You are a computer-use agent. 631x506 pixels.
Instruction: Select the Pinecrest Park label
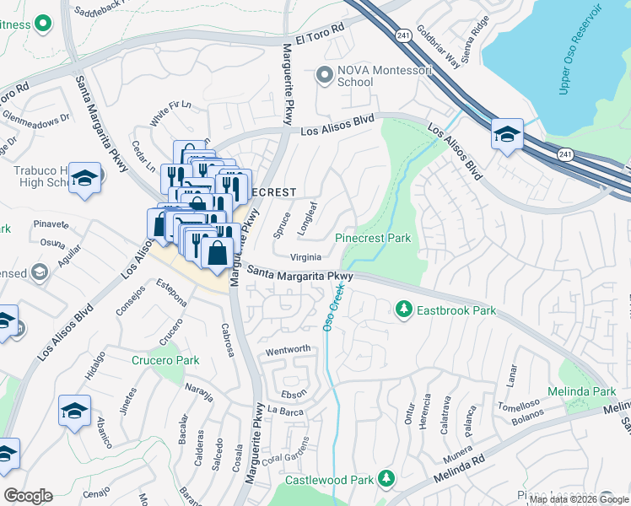tap(373, 239)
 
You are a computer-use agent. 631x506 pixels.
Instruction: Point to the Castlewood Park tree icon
tap(386, 479)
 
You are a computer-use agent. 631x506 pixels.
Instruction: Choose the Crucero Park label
tap(165, 360)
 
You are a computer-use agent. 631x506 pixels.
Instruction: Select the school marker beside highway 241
tap(508, 135)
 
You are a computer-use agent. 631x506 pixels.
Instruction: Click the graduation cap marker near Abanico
tap(74, 411)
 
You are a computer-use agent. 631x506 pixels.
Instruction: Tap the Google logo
tap(28, 495)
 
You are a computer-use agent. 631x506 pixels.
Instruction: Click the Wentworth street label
tap(289, 349)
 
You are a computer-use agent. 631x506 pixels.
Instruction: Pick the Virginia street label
tap(305, 257)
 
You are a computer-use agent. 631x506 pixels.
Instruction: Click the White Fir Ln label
tap(170, 114)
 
